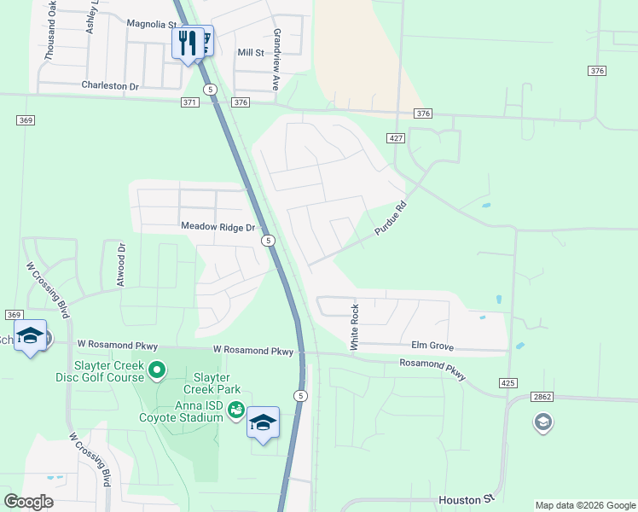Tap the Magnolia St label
click(x=151, y=25)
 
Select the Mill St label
click(x=251, y=53)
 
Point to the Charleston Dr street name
click(x=109, y=86)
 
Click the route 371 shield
click(x=189, y=102)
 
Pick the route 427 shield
click(x=395, y=137)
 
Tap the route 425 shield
click(x=508, y=383)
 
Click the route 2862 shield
click(x=542, y=397)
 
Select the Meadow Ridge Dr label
click(x=217, y=227)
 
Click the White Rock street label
click(x=354, y=327)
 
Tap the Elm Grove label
click(x=432, y=347)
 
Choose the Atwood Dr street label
click(x=122, y=265)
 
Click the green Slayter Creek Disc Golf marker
click(x=156, y=370)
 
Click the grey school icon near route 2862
click(x=542, y=422)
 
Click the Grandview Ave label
click(x=276, y=59)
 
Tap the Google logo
click(x=29, y=502)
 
